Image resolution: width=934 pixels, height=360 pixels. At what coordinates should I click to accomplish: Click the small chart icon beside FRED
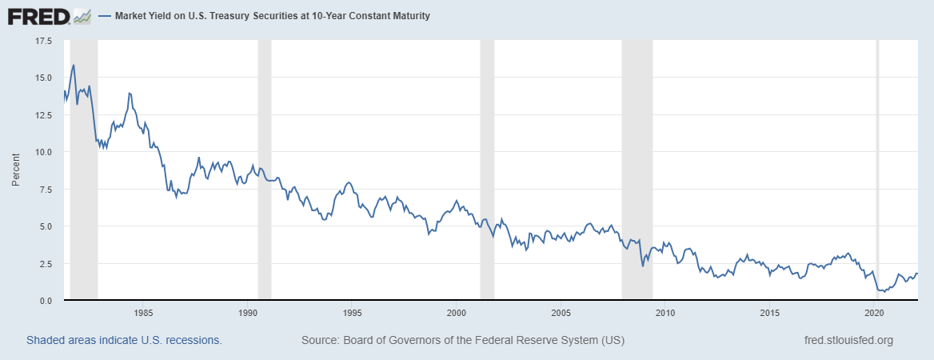pos(82,15)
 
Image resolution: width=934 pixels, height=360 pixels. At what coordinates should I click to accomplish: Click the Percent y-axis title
pos(15,170)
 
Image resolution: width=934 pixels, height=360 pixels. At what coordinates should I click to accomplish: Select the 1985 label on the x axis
pos(143,313)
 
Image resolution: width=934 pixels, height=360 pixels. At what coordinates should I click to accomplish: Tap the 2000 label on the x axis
pos(456,313)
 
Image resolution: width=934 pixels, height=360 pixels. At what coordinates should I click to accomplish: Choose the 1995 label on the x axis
pos(352,313)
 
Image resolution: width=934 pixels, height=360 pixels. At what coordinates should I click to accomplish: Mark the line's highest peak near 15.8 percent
pos(74,65)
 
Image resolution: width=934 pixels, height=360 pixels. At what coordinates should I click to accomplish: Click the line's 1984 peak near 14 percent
pos(129,93)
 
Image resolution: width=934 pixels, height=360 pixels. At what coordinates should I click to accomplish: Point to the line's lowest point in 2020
pos(884,292)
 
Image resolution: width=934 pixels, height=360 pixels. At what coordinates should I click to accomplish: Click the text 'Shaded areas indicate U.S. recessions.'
pos(124,340)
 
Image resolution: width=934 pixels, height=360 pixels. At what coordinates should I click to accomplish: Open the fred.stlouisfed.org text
pos(848,340)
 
